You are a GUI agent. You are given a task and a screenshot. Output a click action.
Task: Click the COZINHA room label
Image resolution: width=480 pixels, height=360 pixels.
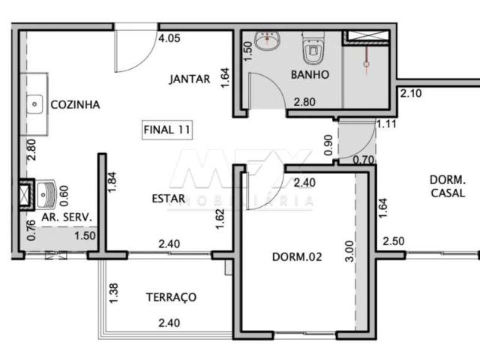(74, 105)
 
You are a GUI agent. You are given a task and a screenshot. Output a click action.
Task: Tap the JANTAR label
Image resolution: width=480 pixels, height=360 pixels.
(189, 79)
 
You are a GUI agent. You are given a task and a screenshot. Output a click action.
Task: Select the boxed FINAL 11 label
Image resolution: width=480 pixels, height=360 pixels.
(166, 129)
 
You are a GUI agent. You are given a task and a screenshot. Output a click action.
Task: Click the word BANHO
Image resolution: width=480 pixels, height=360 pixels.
(305, 75)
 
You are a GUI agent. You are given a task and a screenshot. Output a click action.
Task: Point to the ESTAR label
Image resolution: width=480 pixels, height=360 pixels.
(168, 199)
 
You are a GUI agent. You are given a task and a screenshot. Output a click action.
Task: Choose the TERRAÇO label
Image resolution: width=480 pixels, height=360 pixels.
(170, 297)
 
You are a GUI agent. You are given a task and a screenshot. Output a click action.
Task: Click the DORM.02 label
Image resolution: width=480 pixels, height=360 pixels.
(297, 256)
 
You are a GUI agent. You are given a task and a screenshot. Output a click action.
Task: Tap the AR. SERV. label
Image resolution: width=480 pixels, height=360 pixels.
(66, 217)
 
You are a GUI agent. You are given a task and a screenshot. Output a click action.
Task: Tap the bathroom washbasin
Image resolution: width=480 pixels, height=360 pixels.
(266, 40)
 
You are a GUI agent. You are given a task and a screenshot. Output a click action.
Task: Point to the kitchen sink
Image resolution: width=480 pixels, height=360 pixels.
(34, 103)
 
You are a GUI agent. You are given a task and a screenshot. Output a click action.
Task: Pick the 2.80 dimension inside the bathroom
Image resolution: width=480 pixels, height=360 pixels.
(304, 102)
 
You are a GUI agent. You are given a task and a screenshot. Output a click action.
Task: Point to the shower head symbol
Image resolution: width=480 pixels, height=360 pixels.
(366, 64)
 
